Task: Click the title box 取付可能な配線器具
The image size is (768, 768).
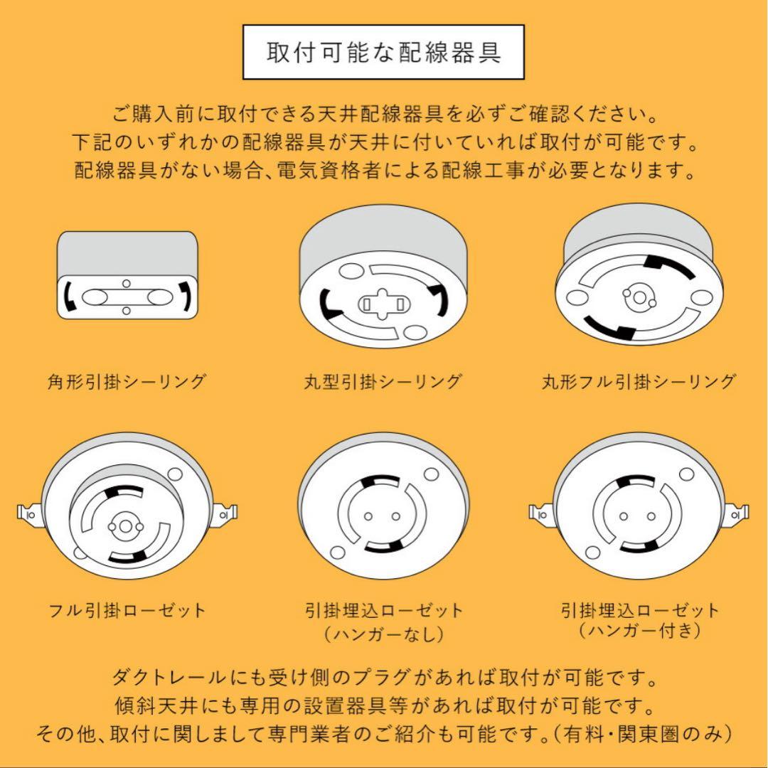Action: [383, 53]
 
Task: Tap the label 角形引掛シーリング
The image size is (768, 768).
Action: [127, 382]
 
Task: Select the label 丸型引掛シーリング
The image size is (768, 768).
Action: [383, 382]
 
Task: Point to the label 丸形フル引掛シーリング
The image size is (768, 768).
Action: [638, 382]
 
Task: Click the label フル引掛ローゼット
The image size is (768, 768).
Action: [127, 610]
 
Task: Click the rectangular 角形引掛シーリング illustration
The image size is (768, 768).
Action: [127, 275]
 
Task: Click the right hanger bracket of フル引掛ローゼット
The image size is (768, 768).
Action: [226, 511]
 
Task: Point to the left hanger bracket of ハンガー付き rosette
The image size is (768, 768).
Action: [542, 511]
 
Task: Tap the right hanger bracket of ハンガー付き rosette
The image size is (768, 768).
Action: [738, 511]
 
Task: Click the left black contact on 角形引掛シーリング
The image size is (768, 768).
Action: [69, 296]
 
